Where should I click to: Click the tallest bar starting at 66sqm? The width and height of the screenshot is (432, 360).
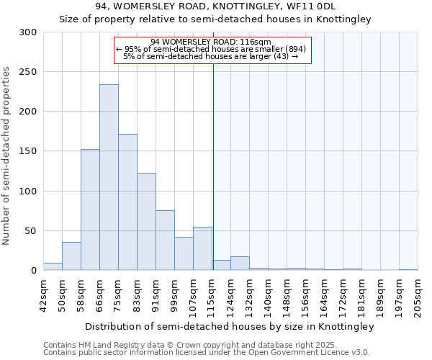(109, 177)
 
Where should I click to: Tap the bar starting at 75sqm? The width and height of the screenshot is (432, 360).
(127, 202)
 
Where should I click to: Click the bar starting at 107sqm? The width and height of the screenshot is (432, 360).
(202, 249)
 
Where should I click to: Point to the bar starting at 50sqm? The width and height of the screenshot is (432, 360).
(71, 256)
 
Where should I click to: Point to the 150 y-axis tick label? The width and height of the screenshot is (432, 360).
(28, 151)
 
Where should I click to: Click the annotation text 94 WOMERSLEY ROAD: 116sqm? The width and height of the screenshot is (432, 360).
(211, 42)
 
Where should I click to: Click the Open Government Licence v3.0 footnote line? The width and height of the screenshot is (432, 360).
(207, 352)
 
